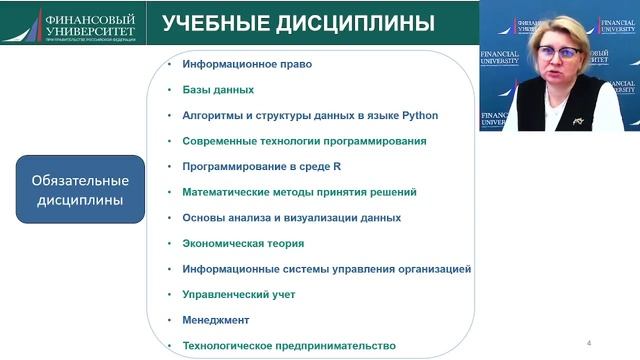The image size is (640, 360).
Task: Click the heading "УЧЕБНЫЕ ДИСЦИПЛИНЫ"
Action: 298,23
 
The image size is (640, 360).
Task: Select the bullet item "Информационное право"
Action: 247,64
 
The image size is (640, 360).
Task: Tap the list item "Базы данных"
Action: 218,90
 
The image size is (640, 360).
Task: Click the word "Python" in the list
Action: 420,115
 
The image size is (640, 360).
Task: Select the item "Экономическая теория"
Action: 243,243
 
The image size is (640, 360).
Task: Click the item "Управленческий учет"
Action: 238,295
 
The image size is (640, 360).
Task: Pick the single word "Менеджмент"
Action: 215,321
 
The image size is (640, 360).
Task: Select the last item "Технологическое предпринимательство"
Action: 288,346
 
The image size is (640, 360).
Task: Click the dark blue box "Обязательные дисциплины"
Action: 86,190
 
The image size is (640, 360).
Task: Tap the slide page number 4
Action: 589,343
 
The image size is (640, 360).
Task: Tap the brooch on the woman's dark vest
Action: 578,120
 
